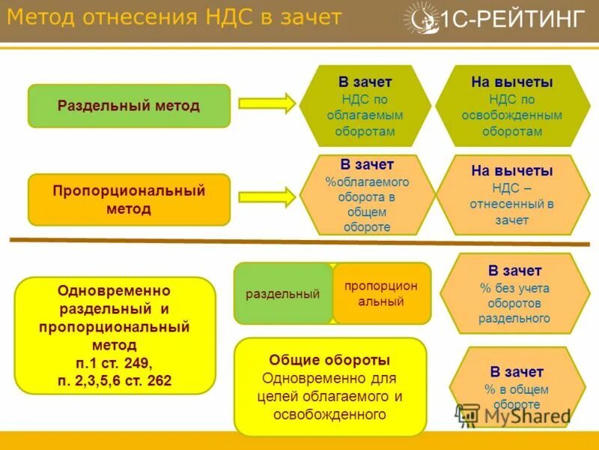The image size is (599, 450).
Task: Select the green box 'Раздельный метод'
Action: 129,106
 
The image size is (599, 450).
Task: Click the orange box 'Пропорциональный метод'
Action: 129,199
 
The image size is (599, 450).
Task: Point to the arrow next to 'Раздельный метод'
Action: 267,104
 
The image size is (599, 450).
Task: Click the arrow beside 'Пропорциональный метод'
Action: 267,197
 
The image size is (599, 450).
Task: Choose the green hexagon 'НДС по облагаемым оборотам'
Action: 365,106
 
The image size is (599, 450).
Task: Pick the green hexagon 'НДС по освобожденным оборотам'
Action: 511,106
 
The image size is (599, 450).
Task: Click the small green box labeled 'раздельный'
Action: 283,294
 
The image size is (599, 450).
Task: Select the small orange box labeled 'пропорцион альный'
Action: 381,294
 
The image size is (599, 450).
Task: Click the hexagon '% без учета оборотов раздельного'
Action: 514,294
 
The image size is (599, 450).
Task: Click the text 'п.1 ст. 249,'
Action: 115,363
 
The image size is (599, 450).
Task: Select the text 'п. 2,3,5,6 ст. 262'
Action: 115,381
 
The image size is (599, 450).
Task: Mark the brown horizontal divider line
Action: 299,242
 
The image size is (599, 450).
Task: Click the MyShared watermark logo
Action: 512,415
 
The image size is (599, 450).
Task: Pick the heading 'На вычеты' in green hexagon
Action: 511,82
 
